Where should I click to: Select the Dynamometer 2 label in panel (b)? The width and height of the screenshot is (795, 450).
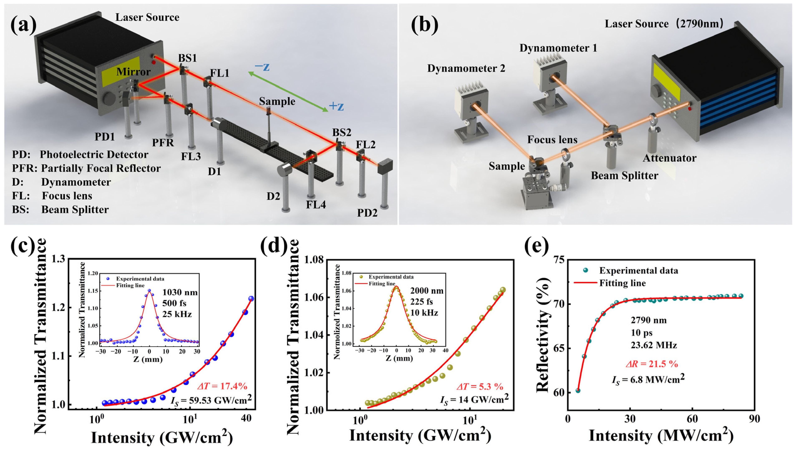point(466,68)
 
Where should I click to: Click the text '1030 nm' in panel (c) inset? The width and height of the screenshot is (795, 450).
point(180,292)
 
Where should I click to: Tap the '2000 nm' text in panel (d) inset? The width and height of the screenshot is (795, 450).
point(427,291)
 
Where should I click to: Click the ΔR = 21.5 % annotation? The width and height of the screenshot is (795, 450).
point(652,364)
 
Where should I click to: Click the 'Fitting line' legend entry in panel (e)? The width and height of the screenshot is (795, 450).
point(622,283)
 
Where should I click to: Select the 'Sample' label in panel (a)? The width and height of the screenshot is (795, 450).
point(277,101)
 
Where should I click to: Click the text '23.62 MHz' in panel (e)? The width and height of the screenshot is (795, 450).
point(654,345)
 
